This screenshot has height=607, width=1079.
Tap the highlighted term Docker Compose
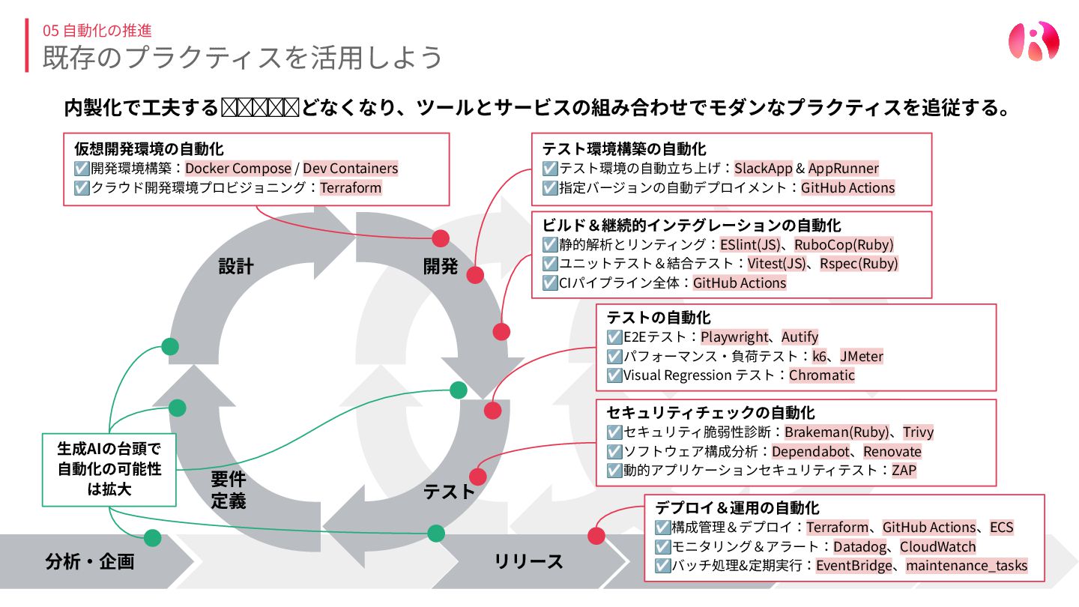point(238,168)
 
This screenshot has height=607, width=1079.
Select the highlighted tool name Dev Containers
point(350,168)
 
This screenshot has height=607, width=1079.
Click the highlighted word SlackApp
point(764,168)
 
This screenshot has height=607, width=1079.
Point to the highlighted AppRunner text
point(843,168)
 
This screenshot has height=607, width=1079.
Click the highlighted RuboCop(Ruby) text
point(844,244)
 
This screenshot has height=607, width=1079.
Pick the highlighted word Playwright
point(734,337)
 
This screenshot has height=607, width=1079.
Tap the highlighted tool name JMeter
point(861,357)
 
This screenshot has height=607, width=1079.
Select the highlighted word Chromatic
point(821,375)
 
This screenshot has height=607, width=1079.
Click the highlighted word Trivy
point(918,432)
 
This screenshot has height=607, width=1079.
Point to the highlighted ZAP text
point(904,471)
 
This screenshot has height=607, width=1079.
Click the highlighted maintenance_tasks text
point(966,566)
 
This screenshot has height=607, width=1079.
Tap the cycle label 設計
point(236,266)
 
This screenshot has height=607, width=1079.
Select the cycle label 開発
point(441,266)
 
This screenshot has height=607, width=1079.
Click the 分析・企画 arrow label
point(90,561)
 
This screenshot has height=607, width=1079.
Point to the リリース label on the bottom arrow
point(528,561)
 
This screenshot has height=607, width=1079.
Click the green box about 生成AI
point(109,470)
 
